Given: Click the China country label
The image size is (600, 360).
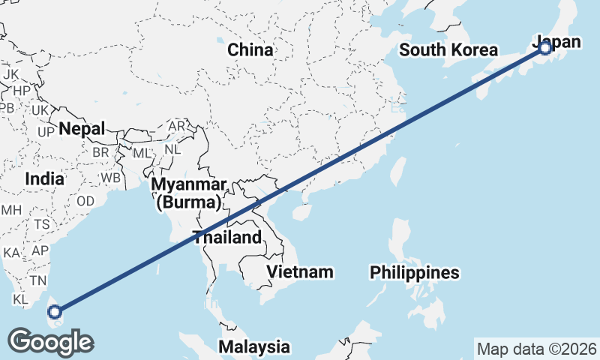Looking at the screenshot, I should pyautogui.click(x=250, y=50).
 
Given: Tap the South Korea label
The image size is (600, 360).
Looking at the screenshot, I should pyautogui.click(x=448, y=50).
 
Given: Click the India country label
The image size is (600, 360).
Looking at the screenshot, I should pyautogui.click(x=43, y=179).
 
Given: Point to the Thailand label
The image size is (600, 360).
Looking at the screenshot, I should pyautogui.click(x=227, y=238).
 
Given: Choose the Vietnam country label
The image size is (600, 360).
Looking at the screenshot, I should pyautogui.click(x=300, y=271).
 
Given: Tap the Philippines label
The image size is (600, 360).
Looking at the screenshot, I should pyautogui.click(x=414, y=272).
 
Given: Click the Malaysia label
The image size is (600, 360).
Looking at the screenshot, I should pyautogui.click(x=254, y=346).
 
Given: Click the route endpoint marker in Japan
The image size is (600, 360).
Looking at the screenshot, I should pyautogui.click(x=545, y=48).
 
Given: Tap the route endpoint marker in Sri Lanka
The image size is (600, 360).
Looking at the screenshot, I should pyautogui.click(x=54, y=310).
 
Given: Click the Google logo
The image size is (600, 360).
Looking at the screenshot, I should pyautogui.click(x=50, y=342).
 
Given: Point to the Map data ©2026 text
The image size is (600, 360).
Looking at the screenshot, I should pyautogui.click(x=536, y=349).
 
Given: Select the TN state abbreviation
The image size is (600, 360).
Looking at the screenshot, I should pyautogui.click(x=39, y=280).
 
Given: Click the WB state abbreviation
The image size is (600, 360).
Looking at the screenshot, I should pyautogui.click(x=111, y=178).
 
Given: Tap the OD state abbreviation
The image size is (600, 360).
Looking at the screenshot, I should pyautogui.click(x=85, y=201).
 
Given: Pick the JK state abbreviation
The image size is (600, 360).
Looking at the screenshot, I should pyautogui.click(x=10, y=75).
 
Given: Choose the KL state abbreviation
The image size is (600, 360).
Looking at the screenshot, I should pyautogui.click(x=20, y=298).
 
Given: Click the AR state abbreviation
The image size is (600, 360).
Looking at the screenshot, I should pyautogui.click(x=177, y=126).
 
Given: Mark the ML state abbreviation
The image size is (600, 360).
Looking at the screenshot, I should pyautogui.click(x=142, y=152).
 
